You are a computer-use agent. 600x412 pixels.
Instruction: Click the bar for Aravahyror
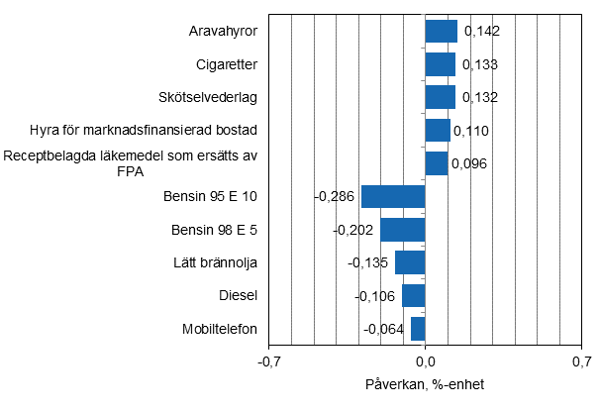tap(441, 32)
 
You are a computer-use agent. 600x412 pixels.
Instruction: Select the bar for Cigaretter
tap(440, 64)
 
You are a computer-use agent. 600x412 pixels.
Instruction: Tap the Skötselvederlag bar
tap(440, 97)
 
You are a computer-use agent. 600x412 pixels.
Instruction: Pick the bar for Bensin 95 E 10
tap(393, 196)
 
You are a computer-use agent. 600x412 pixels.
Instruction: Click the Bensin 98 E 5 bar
tap(402, 230)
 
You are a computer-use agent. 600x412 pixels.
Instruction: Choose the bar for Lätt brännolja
tap(410, 262)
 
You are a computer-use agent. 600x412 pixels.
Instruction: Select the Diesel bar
tap(413, 295)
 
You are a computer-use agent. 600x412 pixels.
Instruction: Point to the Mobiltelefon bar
tap(418, 329)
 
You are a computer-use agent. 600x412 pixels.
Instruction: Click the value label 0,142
tap(481, 32)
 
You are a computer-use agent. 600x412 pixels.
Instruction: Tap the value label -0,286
tap(335, 197)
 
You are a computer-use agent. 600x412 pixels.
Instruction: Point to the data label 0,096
tap(470, 163)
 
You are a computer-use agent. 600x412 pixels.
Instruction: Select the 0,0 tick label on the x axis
tap(425, 362)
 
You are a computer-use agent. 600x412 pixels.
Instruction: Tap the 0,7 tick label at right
tap(580, 362)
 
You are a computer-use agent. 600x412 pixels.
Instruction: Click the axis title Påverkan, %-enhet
tap(425, 384)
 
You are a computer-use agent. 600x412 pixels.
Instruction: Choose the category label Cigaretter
tap(227, 64)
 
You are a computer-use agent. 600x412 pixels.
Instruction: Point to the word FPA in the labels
tap(131, 171)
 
